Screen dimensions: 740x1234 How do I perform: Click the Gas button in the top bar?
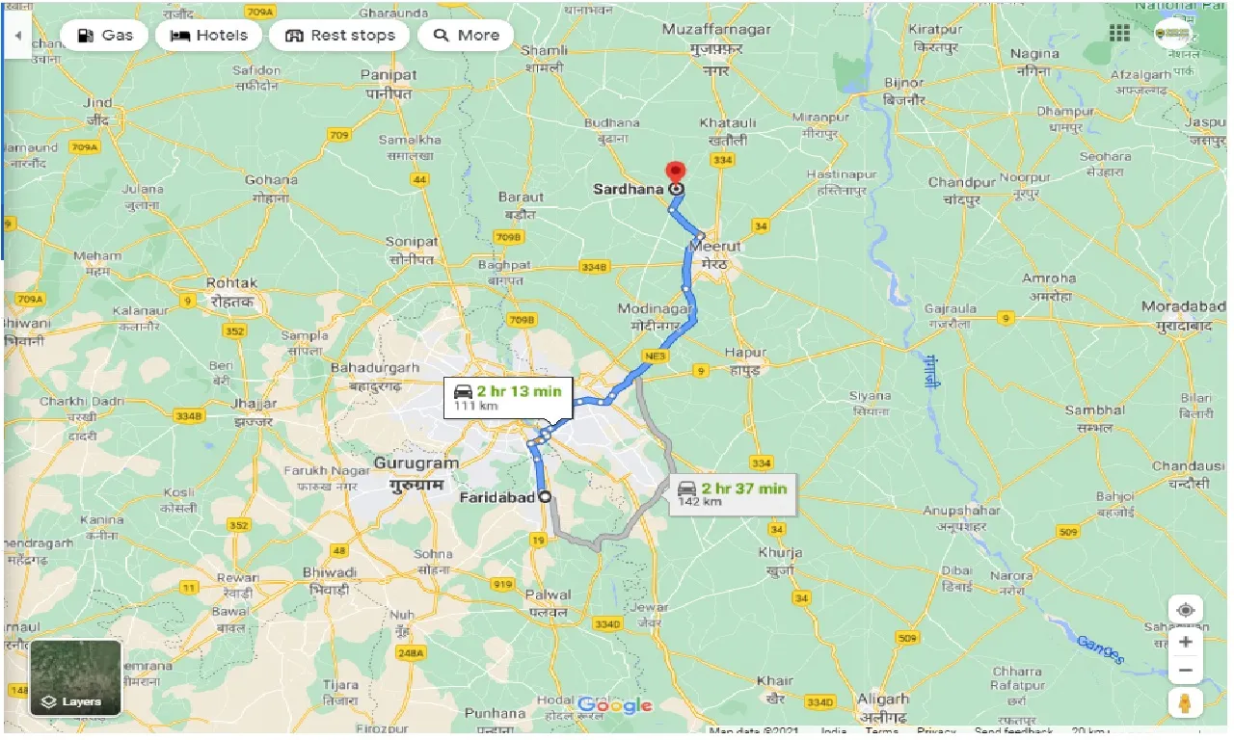coord(104,36)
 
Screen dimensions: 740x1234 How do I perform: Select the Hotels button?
coord(208,36)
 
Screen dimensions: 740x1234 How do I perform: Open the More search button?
coord(466,36)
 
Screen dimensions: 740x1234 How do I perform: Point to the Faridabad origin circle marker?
coord(546,497)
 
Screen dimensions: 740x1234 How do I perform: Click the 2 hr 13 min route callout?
coord(506,397)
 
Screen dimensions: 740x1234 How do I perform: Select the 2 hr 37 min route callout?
coord(733,493)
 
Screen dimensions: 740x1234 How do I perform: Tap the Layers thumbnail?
coord(76,677)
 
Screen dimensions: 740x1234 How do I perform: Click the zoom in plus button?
coord(1186,642)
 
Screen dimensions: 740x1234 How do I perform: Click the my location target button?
coord(1186,610)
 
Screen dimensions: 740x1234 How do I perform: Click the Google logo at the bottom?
coord(615,706)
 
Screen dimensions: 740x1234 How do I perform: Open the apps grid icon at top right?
coord(1119,34)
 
